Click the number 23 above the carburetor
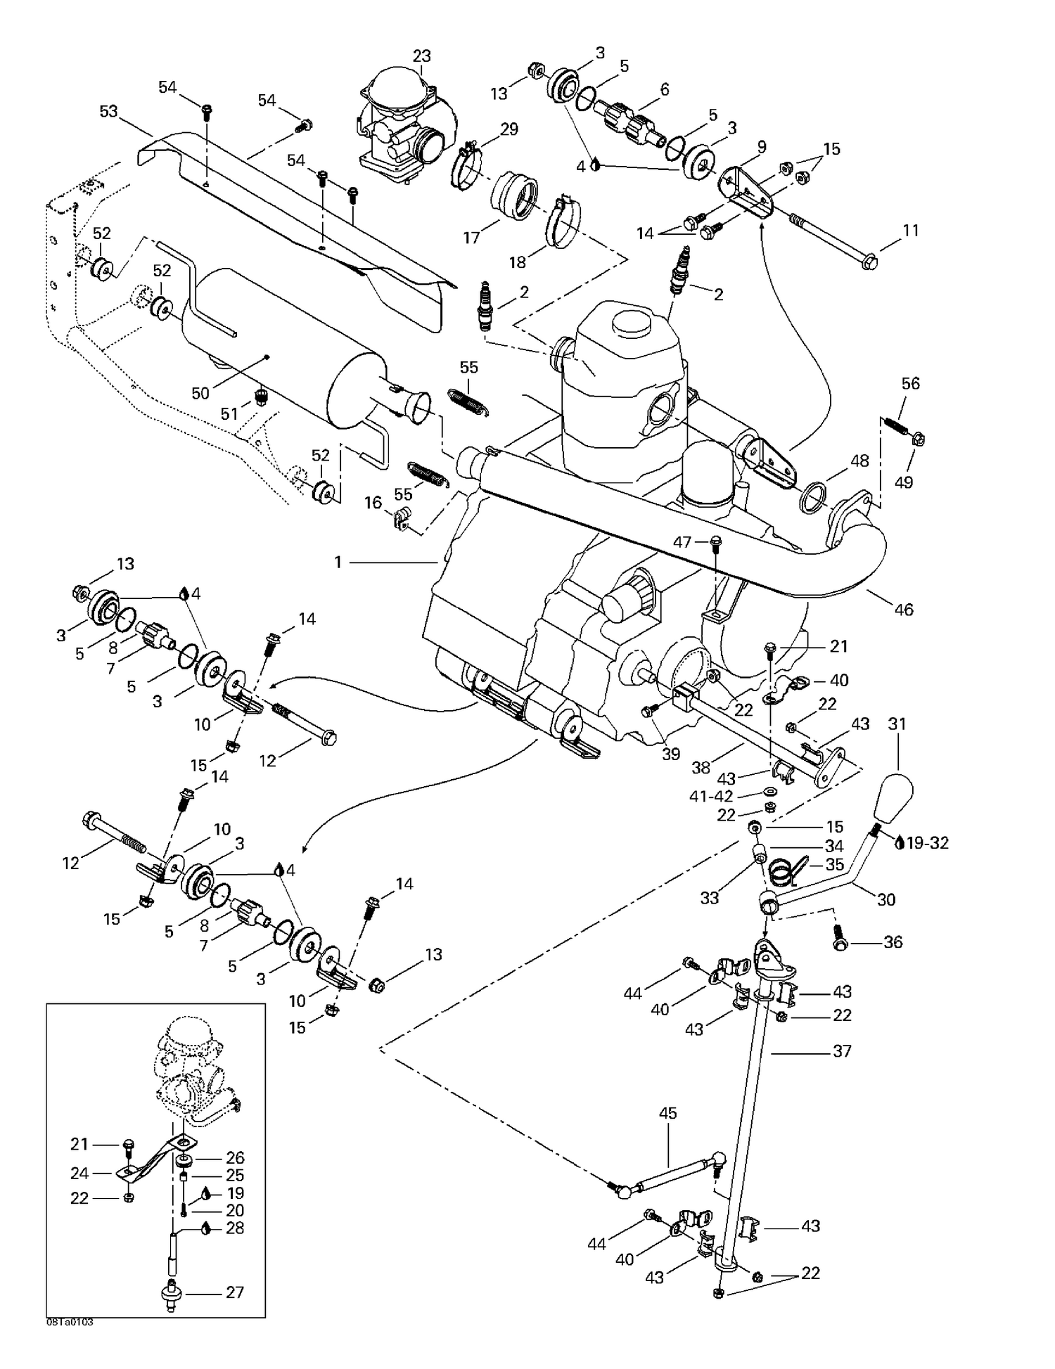tap(421, 56)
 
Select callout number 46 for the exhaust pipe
tap(903, 610)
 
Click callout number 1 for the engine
tap(338, 563)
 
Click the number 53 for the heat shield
tap(108, 112)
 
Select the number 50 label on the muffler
tap(200, 393)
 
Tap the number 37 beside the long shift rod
tap(842, 1050)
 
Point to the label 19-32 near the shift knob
tap(928, 842)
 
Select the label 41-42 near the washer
tap(712, 796)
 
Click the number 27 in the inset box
tap(235, 1292)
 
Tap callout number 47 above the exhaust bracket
tap(682, 541)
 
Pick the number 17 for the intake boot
tap(471, 238)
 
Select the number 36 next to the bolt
tap(893, 941)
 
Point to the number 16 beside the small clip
tap(373, 503)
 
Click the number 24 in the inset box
tap(79, 1173)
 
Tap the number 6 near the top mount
tap(665, 89)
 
